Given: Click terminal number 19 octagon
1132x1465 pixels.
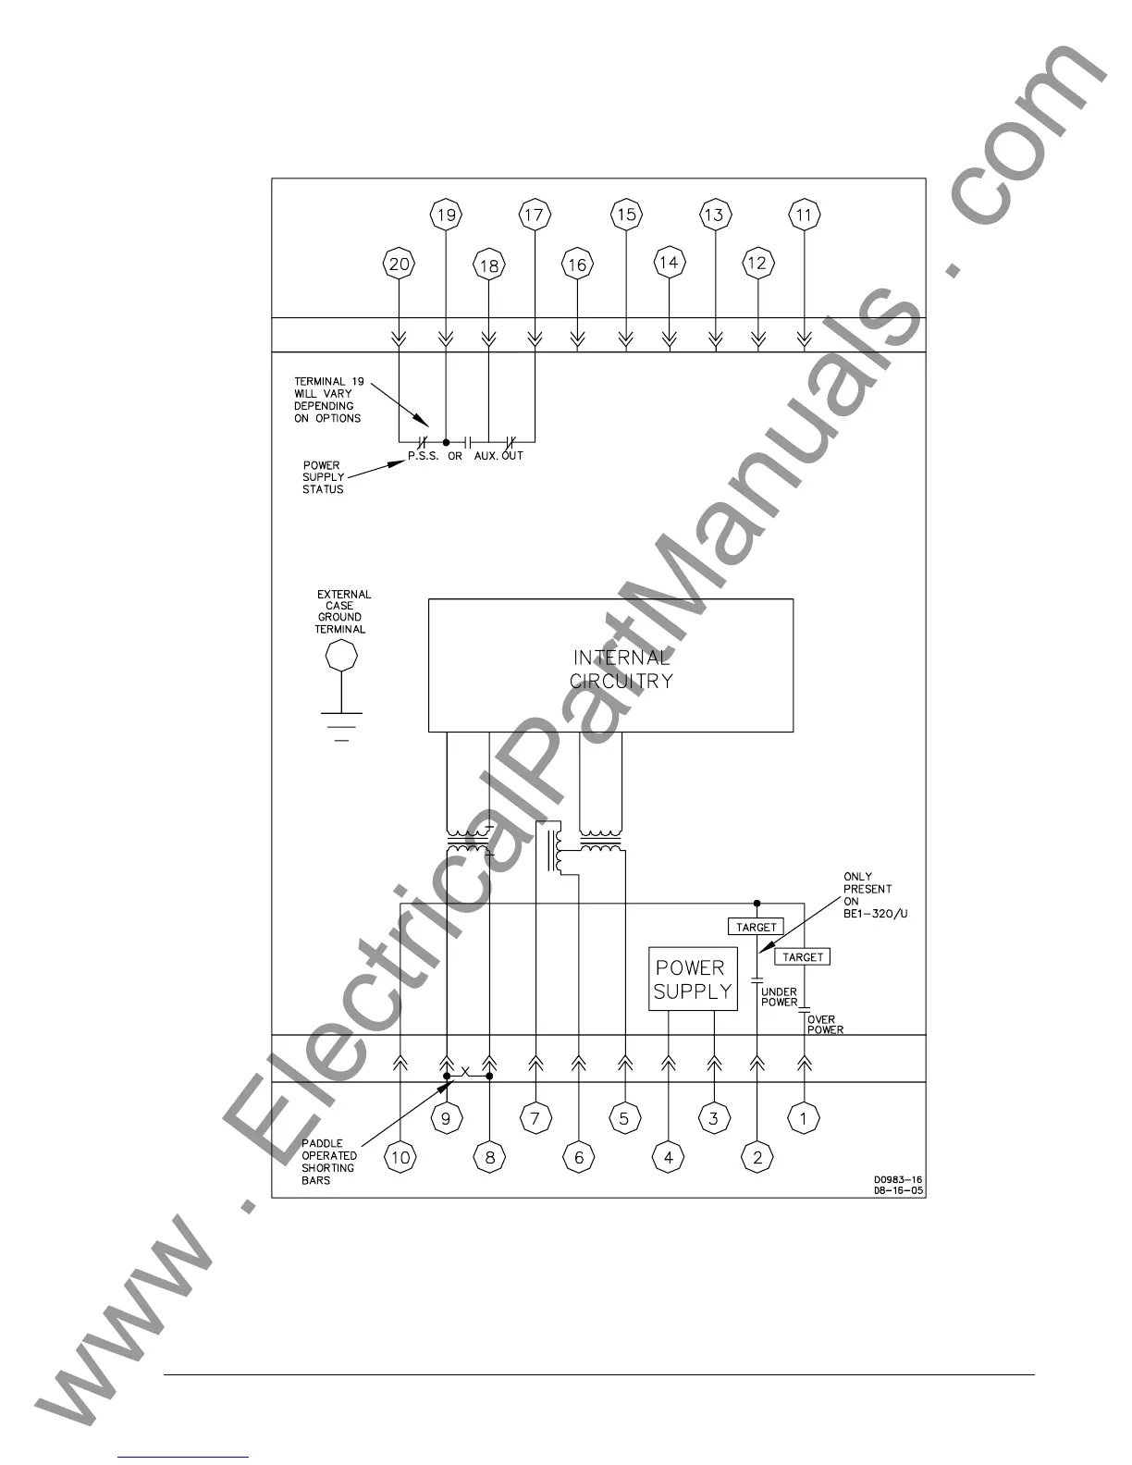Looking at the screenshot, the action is click(446, 215).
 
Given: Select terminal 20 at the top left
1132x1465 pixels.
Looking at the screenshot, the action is click(399, 265).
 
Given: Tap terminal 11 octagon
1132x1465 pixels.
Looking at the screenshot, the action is click(804, 215).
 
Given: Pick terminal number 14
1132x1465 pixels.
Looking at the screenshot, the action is click(668, 263).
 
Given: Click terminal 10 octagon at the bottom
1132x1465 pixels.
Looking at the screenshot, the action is click(400, 1157).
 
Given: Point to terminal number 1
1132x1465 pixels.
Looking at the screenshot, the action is click(803, 1118).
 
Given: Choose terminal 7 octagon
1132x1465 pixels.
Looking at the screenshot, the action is click(535, 1118).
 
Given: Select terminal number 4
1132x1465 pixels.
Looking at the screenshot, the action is click(668, 1157).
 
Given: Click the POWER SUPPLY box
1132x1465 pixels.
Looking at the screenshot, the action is click(693, 979).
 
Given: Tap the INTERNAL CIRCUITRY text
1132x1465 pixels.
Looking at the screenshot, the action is click(621, 669).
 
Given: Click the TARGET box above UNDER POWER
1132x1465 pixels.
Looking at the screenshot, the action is click(757, 927).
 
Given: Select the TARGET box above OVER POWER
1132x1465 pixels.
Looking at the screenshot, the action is click(802, 957).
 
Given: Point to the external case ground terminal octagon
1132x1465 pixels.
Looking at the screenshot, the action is click(342, 657).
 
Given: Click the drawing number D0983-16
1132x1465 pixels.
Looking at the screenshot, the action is click(897, 1180).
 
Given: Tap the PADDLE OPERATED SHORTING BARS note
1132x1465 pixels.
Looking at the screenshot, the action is click(328, 1162).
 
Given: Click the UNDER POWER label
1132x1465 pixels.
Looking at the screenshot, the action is click(779, 997).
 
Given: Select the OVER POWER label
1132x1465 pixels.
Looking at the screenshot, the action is click(825, 1025).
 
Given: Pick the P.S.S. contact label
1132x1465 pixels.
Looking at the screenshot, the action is click(424, 456).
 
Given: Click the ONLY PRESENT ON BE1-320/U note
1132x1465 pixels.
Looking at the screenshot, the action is click(867, 895).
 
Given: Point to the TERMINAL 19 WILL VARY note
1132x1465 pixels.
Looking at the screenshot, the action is click(327, 400).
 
